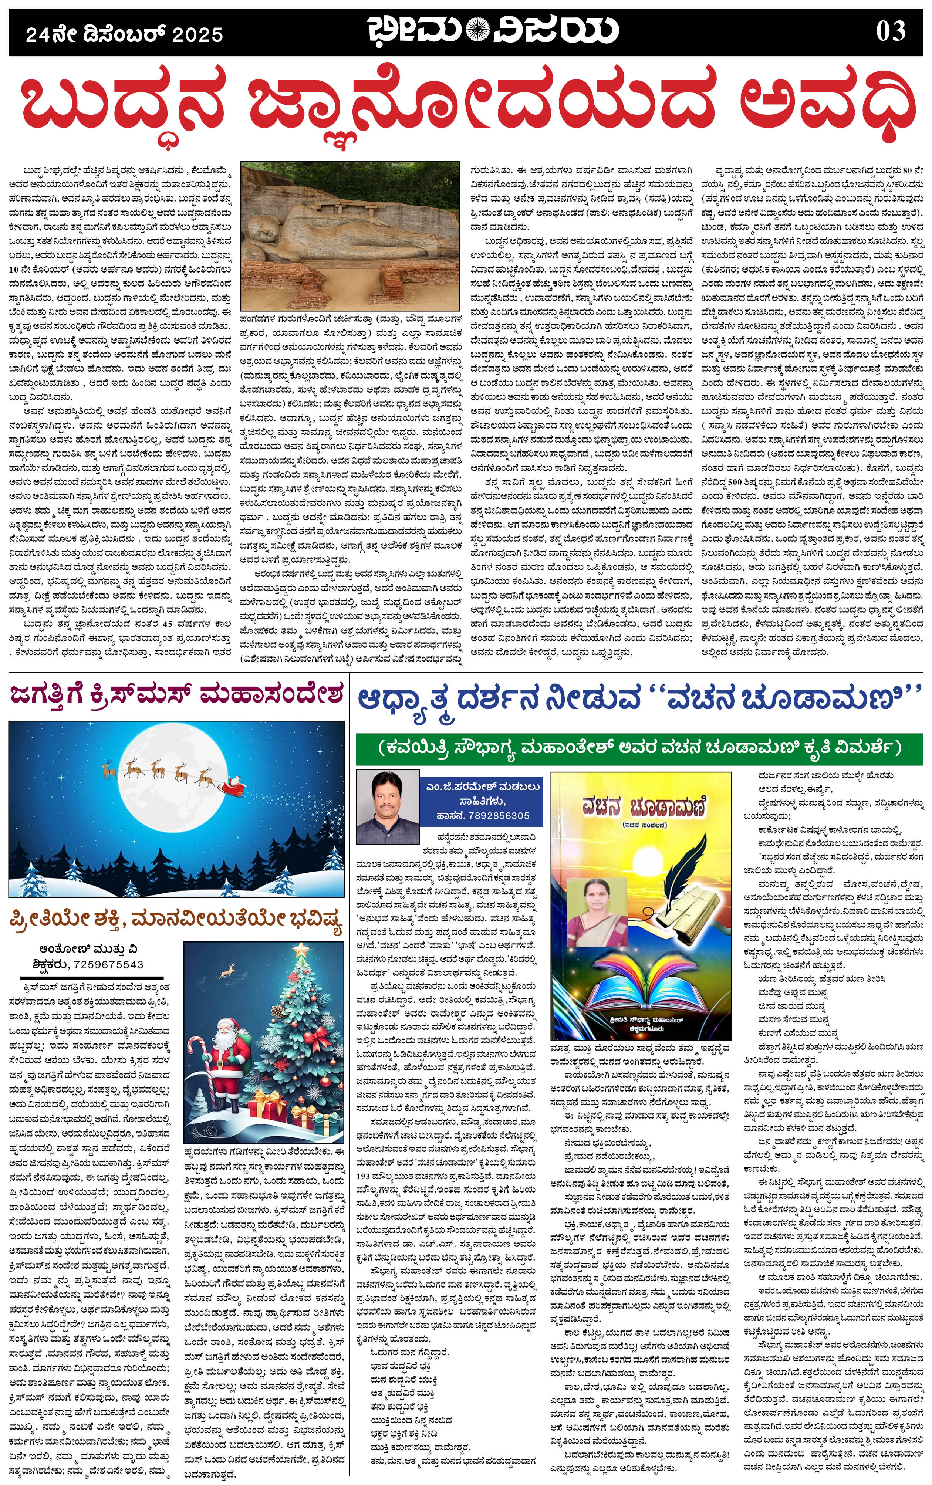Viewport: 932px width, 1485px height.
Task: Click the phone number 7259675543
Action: point(108,964)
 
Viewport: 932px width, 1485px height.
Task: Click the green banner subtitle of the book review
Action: point(639,747)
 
